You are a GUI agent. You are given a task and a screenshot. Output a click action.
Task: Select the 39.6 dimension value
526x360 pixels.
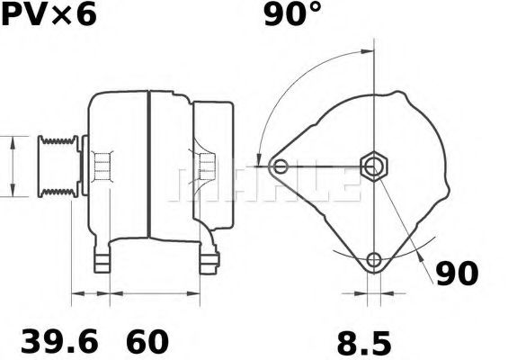tap(58, 342)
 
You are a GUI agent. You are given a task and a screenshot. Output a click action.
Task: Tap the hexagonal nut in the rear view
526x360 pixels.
tap(373, 166)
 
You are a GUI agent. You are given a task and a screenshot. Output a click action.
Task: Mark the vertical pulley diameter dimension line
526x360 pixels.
tap(12, 166)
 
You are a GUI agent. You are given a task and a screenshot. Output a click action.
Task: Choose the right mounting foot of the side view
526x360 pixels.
tap(210, 260)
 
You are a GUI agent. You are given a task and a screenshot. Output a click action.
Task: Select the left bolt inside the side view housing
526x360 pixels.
tap(103, 166)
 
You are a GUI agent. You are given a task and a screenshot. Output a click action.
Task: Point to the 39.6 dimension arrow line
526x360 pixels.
tap(90, 293)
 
